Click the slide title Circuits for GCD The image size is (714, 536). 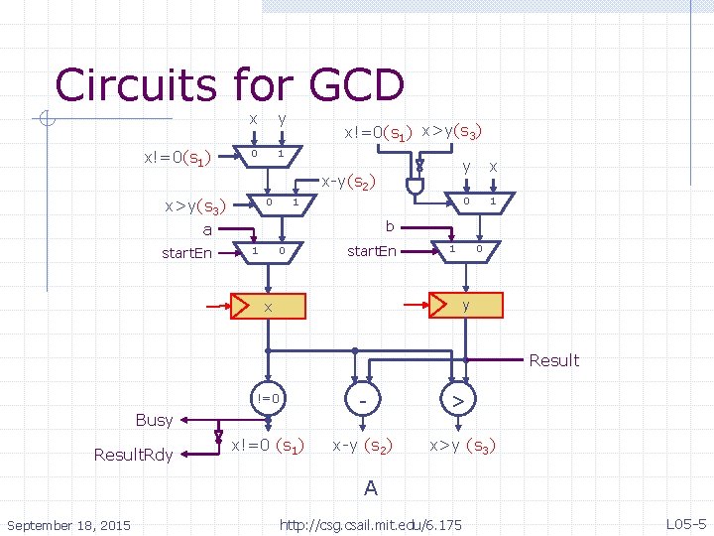230,85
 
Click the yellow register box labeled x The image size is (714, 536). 268,306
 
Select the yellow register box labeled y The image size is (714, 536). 465,305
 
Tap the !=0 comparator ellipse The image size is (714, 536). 268,399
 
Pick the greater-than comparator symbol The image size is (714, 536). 458,400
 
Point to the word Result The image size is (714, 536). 553,360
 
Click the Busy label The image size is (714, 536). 154,420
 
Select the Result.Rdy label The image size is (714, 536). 134,455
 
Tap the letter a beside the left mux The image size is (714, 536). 207,229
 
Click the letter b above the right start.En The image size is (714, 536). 390,226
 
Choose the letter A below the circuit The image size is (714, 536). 370,488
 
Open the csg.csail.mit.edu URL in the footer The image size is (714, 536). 371,523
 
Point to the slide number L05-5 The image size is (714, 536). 684,523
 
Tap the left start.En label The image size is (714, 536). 187,253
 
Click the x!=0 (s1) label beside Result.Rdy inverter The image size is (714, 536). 268,446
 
